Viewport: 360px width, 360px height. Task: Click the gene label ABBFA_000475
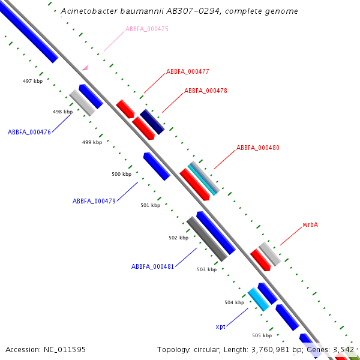(146, 29)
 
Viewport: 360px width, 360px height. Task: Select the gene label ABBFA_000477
(187, 71)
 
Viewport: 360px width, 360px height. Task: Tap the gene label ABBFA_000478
(205, 91)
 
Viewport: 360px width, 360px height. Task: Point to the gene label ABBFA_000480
(257, 148)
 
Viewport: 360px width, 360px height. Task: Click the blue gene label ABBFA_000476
(29, 132)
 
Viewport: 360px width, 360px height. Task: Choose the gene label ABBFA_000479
(94, 201)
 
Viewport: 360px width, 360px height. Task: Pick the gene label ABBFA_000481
(152, 266)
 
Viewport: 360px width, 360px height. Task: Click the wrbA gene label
(310, 225)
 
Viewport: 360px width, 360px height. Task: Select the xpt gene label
(220, 327)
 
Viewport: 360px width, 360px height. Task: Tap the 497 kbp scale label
(32, 81)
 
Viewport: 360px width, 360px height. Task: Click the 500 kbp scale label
(121, 174)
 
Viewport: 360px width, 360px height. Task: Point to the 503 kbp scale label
(206, 270)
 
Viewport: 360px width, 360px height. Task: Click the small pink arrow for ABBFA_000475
(85, 67)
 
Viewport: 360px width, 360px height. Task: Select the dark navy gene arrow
(152, 122)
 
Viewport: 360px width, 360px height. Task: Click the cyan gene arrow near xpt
(258, 299)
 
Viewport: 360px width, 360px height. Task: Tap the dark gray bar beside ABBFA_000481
(206, 239)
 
